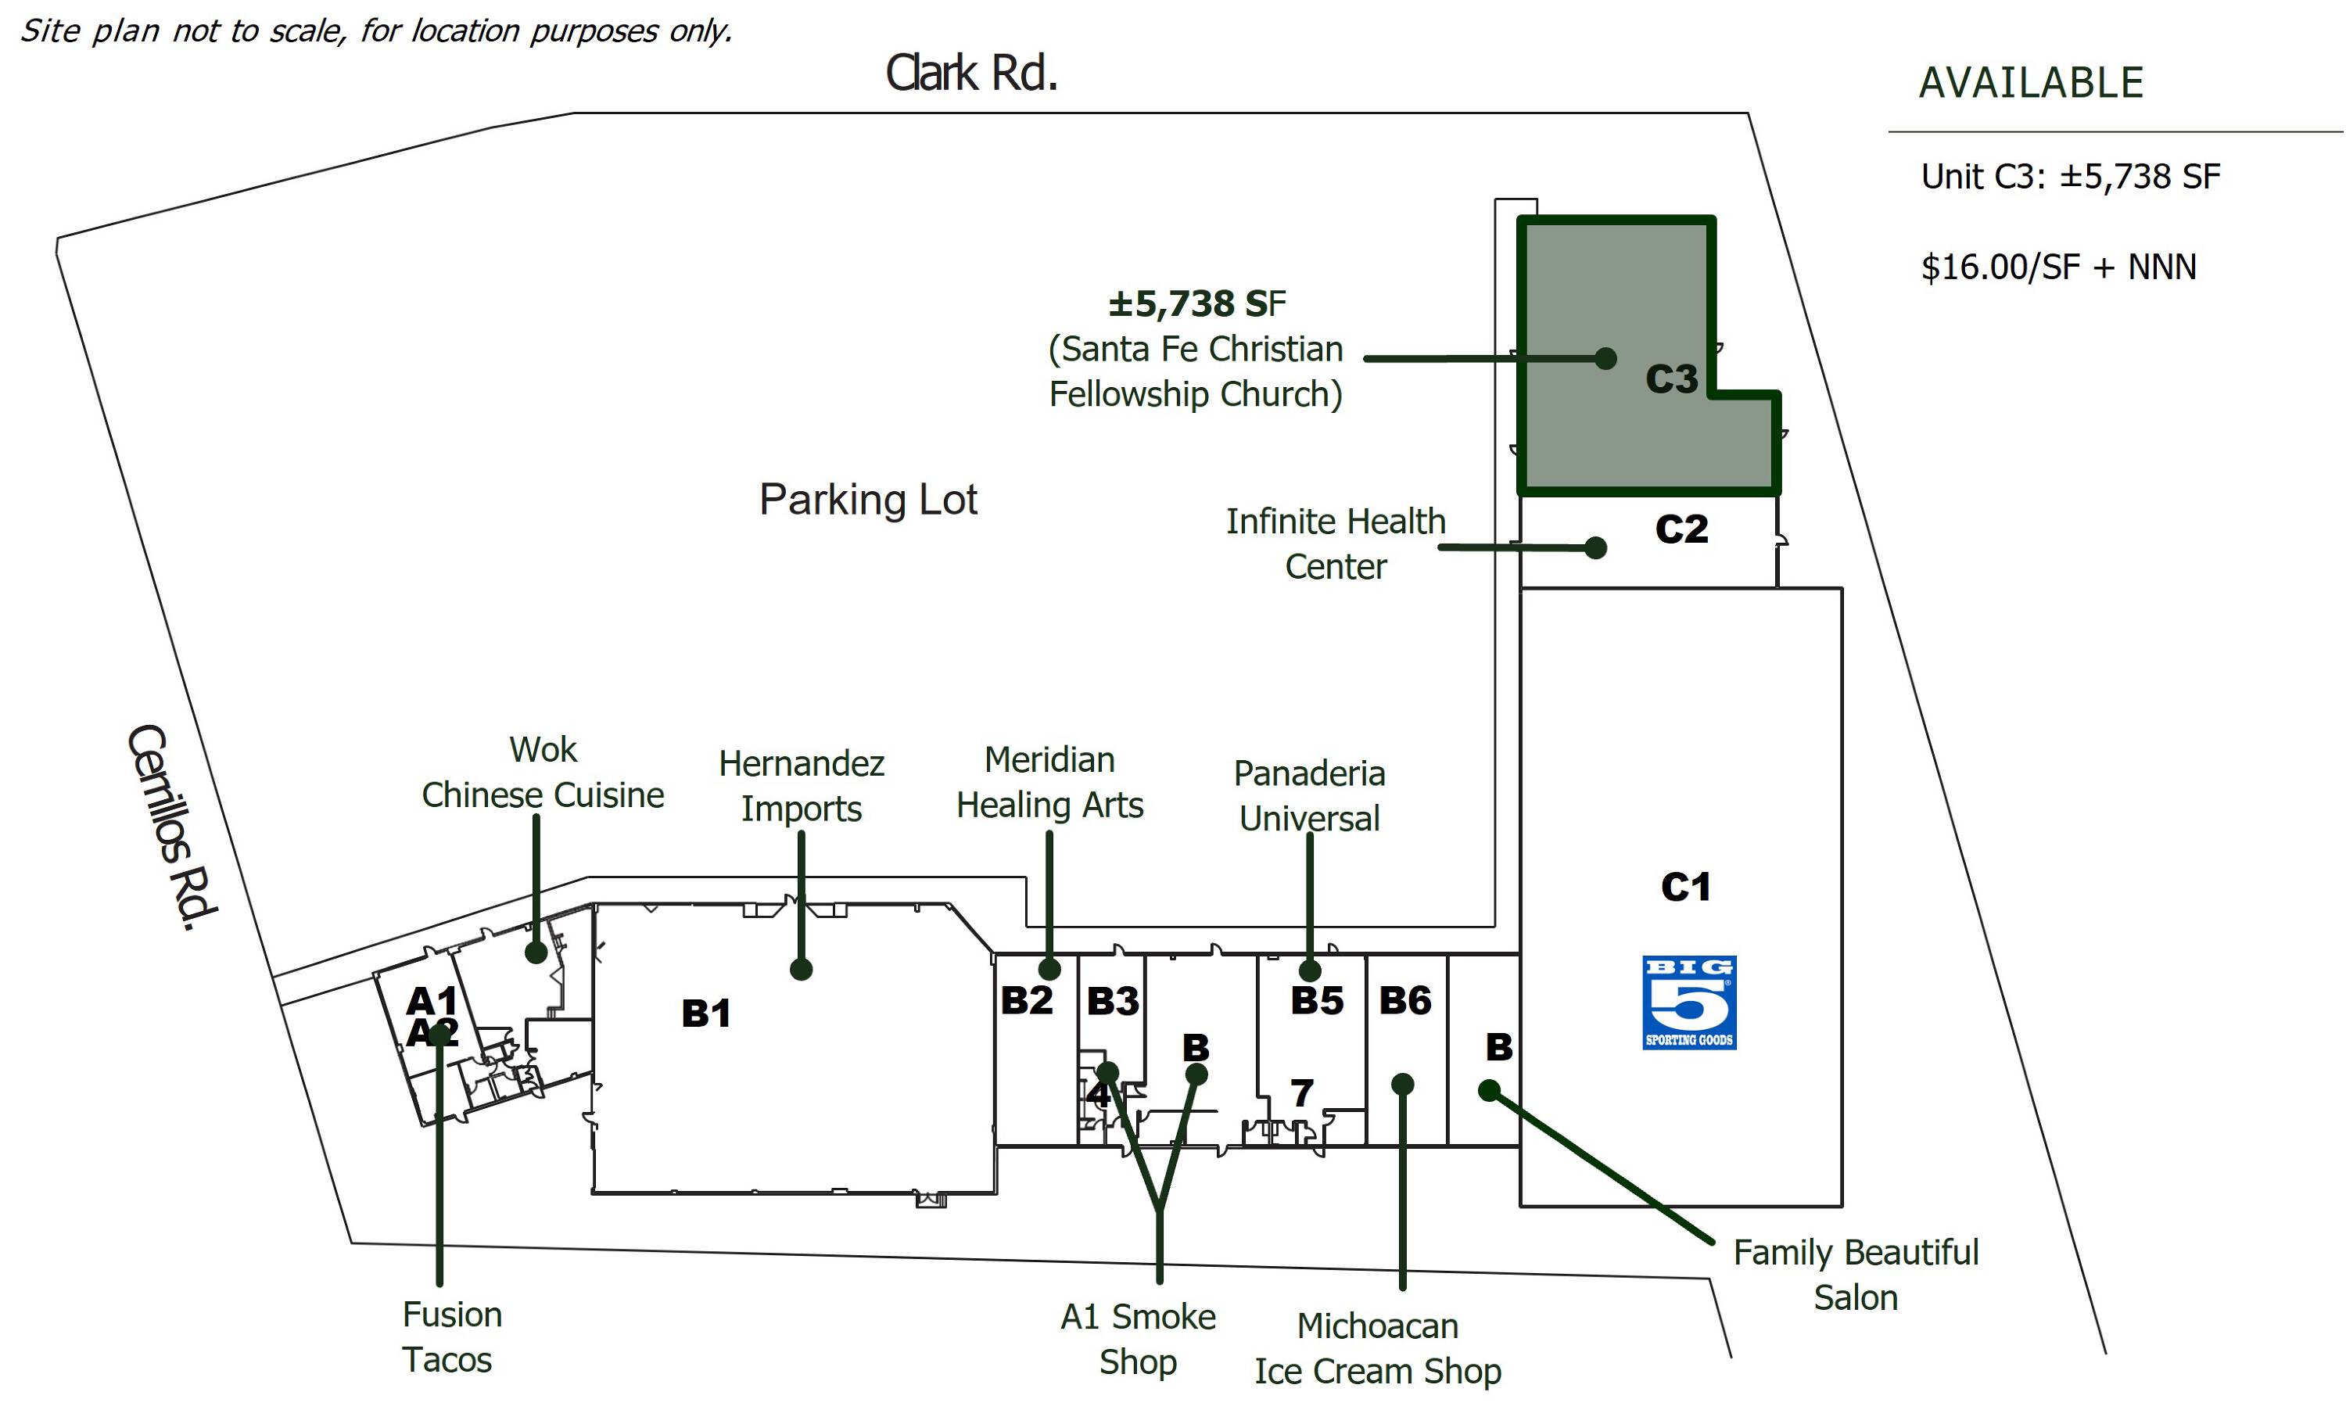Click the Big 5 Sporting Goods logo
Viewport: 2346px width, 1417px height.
(1689, 1002)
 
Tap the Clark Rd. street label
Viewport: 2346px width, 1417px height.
(971, 74)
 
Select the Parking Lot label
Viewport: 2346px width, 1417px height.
(867, 500)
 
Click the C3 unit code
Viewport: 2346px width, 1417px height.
(1671, 379)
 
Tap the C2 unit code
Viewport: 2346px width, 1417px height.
(1681, 529)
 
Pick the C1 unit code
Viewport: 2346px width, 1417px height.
(1685, 888)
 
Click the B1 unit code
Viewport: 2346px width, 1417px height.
(705, 1013)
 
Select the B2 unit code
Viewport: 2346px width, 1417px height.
(1026, 1001)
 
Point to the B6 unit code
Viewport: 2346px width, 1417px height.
(1404, 1001)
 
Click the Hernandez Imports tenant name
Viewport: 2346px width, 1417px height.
(801, 786)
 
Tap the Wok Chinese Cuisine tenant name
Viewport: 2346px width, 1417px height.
(543, 773)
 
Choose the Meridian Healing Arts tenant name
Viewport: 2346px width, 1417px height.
(1049, 783)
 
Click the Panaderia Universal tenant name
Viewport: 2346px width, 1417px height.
(1309, 796)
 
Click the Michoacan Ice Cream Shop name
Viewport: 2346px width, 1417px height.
(1377, 1348)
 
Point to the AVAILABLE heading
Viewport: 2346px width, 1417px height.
(2030, 83)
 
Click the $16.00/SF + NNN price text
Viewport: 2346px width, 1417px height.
(2058, 267)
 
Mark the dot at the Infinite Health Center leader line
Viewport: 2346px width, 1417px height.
(1597, 547)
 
